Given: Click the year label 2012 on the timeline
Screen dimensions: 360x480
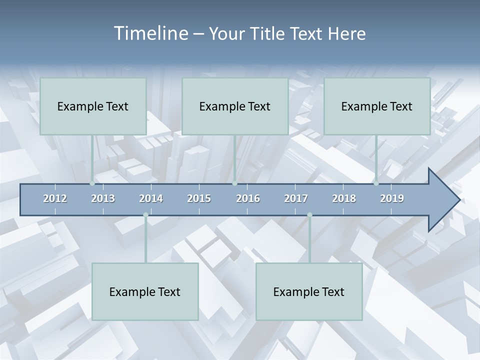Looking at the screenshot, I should pyautogui.click(x=55, y=199).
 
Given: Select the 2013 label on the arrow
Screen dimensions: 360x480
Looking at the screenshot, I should pyautogui.click(x=103, y=199).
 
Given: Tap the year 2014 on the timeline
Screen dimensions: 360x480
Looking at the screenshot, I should pyautogui.click(x=151, y=199).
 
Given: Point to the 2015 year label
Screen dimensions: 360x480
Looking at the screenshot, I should pyautogui.click(x=199, y=199).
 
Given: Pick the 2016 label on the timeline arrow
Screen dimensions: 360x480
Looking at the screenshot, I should pyautogui.click(x=248, y=199).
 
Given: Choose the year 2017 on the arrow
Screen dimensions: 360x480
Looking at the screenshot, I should pyautogui.click(x=296, y=199).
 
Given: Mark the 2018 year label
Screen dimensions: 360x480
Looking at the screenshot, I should pyautogui.click(x=344, y=199).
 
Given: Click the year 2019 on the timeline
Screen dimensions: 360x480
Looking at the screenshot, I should pyautogui.click(x=392, y=199).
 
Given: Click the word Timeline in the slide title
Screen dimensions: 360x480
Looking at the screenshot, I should pyautogui.click(x=150, y=33).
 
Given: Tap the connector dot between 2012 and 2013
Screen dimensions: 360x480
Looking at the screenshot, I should pyautogui.click(x=92, y=183).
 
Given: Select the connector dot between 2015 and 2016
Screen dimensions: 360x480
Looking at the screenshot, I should pyautogui.click(x=234, y=183).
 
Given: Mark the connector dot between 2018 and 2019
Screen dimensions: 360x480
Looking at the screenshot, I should pyautogui.click(x=376, y=183).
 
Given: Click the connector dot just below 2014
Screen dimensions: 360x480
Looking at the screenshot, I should pyautogui.click(x=145, y=215).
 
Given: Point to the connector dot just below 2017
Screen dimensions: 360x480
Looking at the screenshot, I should pyautogui.click(x=309, y=215).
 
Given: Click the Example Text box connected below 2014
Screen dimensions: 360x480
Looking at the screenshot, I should pyautogui.click(x=145, y=291).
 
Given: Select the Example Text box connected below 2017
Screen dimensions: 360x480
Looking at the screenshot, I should pyautogui.click(x=309, y=291).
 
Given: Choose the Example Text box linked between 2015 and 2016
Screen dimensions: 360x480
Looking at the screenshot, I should pyautogui.click(x=235, y=106).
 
